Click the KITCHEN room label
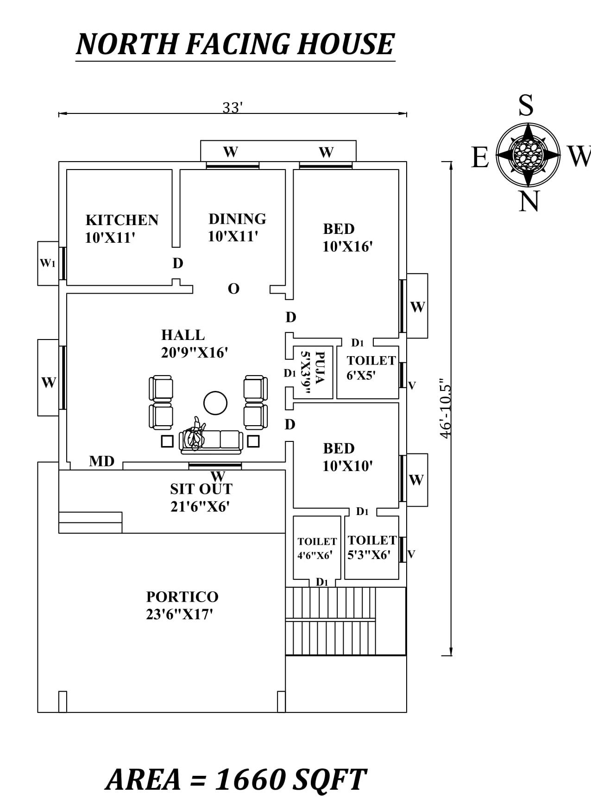[x=122, y=220]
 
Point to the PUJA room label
[x=313, y=372]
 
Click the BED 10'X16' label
[x=347, y=238]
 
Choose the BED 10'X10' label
[x=347, y=457]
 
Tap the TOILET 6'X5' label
[x=371, y=367]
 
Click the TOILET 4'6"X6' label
[x=317, y=548]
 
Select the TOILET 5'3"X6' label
[x=371, y=547]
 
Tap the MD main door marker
[x=101, y=461]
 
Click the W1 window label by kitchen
[x=47, y=263]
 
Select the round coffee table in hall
[x=215, y=402]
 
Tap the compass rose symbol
[x=528, y=154]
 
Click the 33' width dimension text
[x=233, y=108]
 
